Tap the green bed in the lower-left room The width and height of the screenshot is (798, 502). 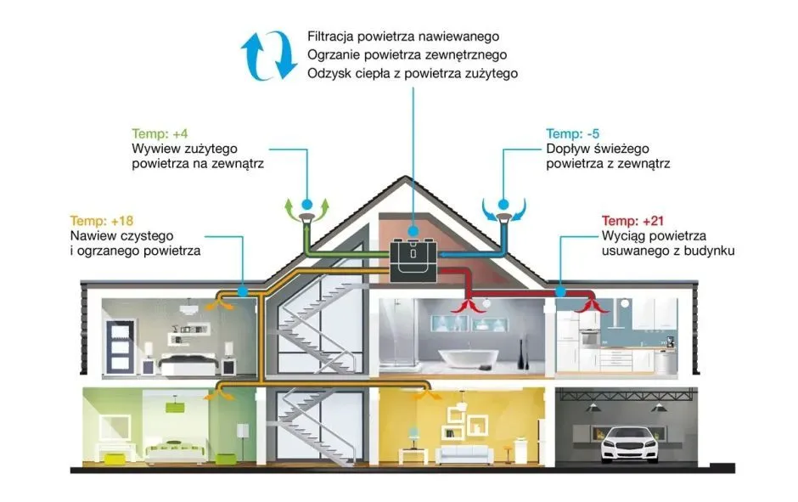tap(170, 451)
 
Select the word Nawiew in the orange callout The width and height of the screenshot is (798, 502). tap(93, 235)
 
